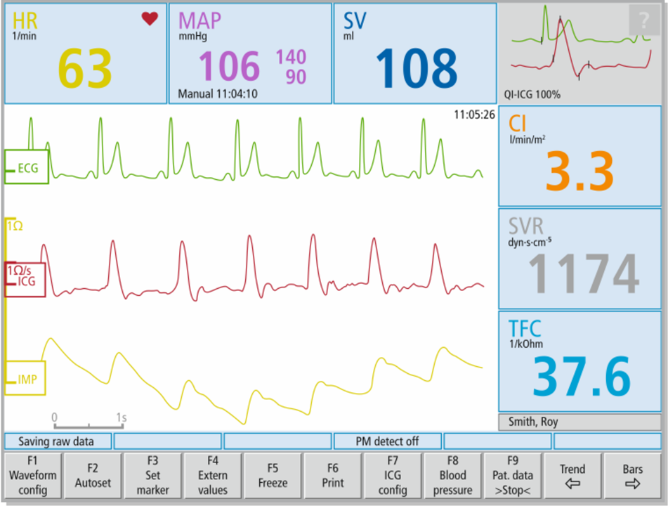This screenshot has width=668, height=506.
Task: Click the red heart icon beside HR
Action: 150,19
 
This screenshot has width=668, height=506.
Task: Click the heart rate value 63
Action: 85,68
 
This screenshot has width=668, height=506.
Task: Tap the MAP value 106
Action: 229,67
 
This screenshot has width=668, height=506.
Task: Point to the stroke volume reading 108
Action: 417,69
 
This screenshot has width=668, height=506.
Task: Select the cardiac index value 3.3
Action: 580,169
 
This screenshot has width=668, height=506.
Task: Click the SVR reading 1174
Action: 583,273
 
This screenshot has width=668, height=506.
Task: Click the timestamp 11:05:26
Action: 474,115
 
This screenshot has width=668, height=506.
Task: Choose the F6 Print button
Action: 333,475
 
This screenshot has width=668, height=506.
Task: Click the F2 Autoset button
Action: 93,475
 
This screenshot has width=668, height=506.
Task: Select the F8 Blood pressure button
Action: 452,475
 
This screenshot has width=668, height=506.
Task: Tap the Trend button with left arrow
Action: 572,475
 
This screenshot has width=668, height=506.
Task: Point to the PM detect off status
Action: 388,441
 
